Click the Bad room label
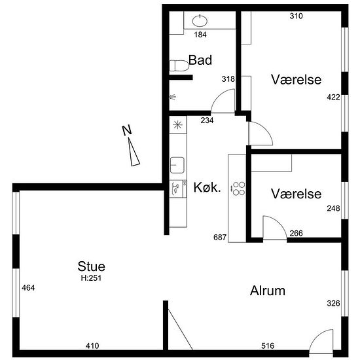[x=200, y=60]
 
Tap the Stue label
[x=91, y=266]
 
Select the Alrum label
[x=268, y=291]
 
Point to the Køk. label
[x=207, y=187]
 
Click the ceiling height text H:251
[x=91, y=278]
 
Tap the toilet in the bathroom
[x=179, y=65]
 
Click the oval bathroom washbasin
[x=200, y=21]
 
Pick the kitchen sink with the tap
[x=177, y=165]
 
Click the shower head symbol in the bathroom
[x=173, y=97]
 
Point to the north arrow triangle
[x=134, y=152]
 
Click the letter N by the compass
[x=127, y=130]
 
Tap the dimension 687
[x=220, y=237]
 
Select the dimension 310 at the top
[x=296, y=16]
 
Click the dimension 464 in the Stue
[x=28, y=288]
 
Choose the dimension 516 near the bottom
[x=268, y=346]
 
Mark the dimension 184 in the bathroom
[x=200, y=35]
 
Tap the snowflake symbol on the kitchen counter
[x=177, y=124]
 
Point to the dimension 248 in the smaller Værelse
[x=333, y=208]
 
